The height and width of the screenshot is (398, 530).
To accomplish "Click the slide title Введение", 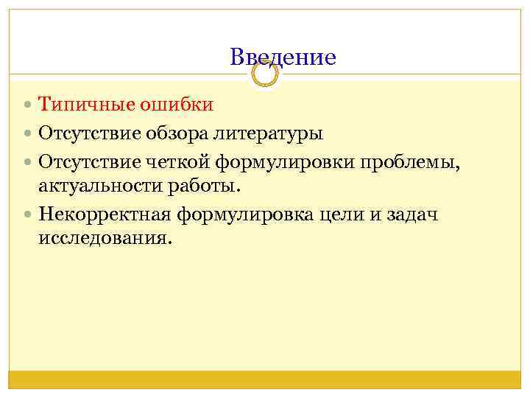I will (x=283, y=57).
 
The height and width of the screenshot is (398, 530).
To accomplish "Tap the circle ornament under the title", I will (x=265, y=74).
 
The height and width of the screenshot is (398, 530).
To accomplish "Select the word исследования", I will (x=104, y=239).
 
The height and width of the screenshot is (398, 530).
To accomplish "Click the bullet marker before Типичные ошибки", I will (x=28, y=105).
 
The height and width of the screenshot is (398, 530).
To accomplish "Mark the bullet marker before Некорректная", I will (x=28, y=215).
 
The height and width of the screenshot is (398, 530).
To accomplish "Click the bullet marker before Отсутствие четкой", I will (x=28, y=162).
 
